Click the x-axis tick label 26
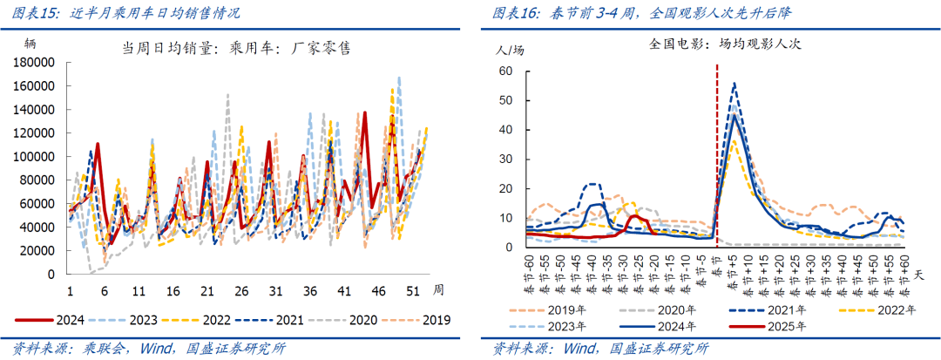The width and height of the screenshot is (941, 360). click(241, 290)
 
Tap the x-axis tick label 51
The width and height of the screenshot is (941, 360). click(413, 290)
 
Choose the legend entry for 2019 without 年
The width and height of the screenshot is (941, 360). click(434, 320)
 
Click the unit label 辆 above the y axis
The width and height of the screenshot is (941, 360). click(30, 43)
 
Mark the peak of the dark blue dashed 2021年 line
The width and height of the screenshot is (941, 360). click(735, 84)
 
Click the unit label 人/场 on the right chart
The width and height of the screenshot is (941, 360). click(510, 50)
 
